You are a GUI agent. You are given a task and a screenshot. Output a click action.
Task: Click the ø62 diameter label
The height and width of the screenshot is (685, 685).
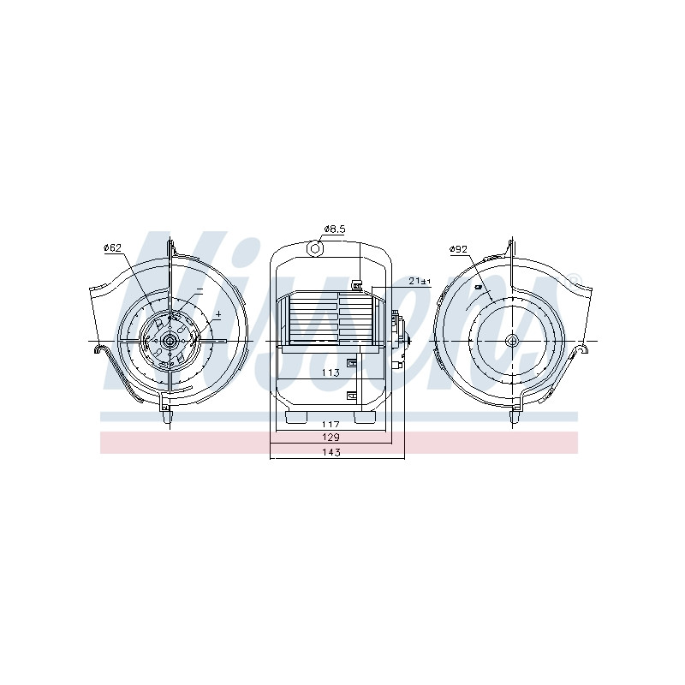[x=112, y=247]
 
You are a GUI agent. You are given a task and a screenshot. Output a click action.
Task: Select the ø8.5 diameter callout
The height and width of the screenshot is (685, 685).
[x=335, y=229]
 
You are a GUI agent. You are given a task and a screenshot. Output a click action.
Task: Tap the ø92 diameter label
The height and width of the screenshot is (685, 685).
[x=458, y=249]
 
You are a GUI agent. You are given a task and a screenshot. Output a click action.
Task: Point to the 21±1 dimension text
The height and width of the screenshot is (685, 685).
[x=420, y=282]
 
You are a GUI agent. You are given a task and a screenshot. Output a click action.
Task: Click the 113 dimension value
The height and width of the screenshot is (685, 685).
[x=331, y=372]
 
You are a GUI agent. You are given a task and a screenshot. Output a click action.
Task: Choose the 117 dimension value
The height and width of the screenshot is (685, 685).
[x=331, y=424]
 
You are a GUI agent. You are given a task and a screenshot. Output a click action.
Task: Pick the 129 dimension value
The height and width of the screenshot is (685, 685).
[x=331, y=437]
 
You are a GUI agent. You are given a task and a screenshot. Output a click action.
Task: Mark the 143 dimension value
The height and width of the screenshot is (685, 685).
[x=331, y=452]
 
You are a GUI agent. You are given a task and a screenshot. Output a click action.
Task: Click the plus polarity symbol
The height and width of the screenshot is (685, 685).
[x=218, y=313]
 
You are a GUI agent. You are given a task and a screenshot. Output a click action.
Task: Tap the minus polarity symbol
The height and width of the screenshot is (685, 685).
[x=200, y=289]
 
